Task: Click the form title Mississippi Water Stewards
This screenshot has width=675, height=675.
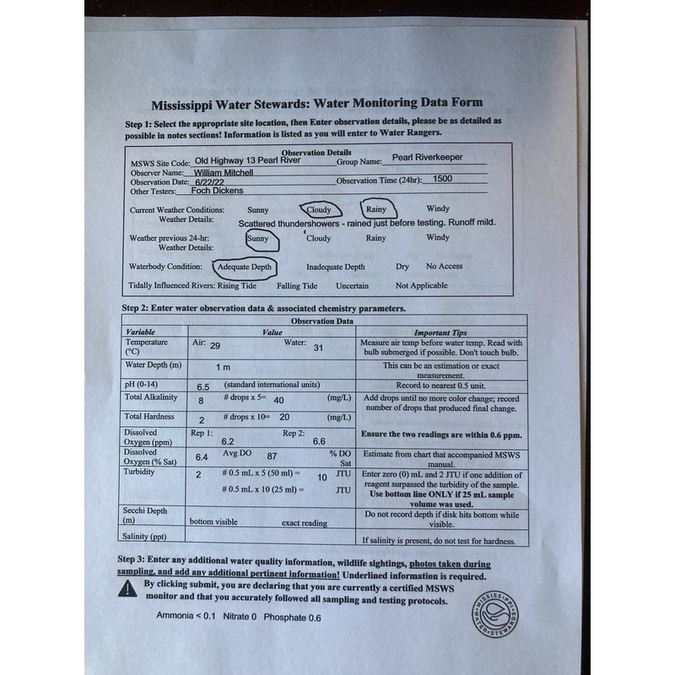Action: [317, 105]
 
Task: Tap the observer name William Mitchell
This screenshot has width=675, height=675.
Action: [229, 171]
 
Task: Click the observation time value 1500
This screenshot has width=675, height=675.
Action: [441, 180]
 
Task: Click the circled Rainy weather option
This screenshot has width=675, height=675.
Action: [375, 208]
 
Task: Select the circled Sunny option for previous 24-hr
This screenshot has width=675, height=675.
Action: [258, 239]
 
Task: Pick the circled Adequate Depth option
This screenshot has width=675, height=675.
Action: [246, 267]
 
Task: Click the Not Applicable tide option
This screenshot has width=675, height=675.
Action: [421, 286]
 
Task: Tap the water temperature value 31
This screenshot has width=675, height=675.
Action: [318, 348]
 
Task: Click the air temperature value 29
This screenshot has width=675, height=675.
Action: [215, 346]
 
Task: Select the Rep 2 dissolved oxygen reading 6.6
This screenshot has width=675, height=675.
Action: [319, 441]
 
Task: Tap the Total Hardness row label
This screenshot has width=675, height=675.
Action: [149, 417]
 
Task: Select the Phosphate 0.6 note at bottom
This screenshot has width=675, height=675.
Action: [292, 617]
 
